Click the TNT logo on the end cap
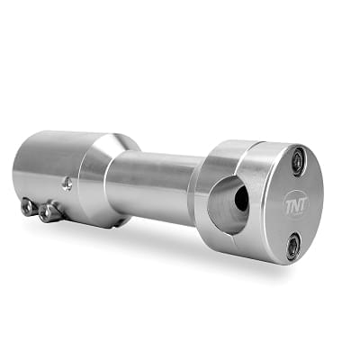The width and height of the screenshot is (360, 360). pos(296,204)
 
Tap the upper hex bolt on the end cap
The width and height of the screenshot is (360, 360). pos(300,161)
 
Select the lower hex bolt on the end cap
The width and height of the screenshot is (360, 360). pos(292,247)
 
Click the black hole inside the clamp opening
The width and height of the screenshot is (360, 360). pos(241,198)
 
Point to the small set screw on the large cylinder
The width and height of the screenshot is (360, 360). pos(68,184)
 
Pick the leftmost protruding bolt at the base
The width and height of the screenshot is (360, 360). pos(27,206)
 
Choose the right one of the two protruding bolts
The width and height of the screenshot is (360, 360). pos(48,211)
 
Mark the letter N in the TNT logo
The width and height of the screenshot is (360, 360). pos(296,206)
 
